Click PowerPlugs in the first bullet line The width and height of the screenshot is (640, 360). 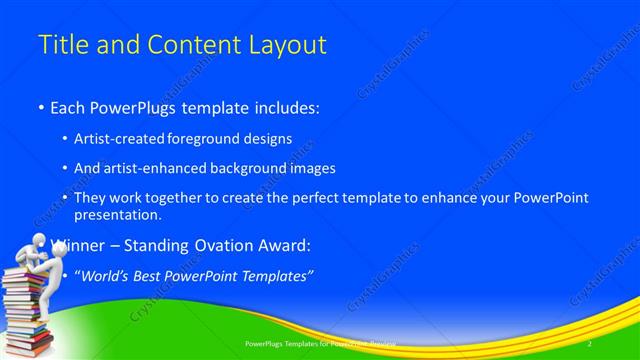click(133, 105)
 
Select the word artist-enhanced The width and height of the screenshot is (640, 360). click(168, 168)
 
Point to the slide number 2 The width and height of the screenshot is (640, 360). click(590, 342)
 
